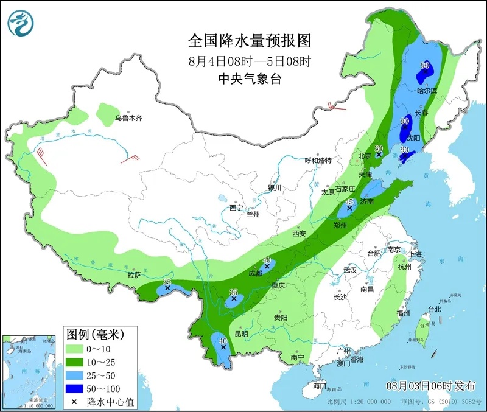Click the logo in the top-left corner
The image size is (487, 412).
click(20, 22)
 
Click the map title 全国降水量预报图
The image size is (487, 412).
click(250, 41)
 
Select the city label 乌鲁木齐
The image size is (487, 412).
click(128, 118)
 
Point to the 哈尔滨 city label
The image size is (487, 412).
click(427, 91)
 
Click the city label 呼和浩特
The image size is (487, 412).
click(318, 161)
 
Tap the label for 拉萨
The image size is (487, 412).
click(134, 275)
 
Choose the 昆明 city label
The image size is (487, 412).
click(240, 333)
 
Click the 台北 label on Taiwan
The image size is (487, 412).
click(434, 309)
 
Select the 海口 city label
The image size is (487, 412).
click(320, 386)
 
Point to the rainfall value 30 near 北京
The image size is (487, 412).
click(379, 148)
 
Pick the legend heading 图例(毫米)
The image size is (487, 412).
click(95, 334)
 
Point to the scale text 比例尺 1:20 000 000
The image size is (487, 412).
click(359, 402)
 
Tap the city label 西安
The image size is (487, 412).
click(298, 234)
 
